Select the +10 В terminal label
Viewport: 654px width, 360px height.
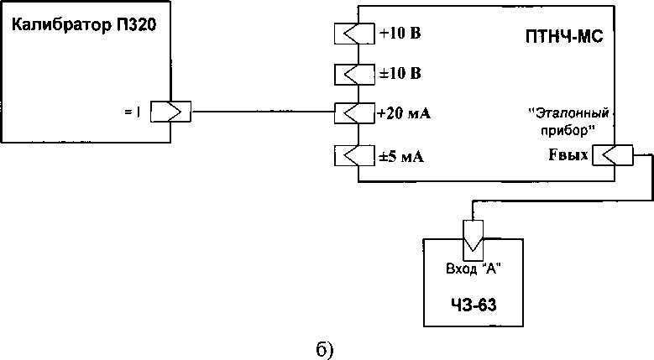[x=400, y=34]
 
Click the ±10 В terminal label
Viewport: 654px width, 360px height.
[x=400, y=73]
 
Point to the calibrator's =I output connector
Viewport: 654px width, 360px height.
[x=170, y=112]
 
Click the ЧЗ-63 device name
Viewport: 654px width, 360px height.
[x=474, y=305]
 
